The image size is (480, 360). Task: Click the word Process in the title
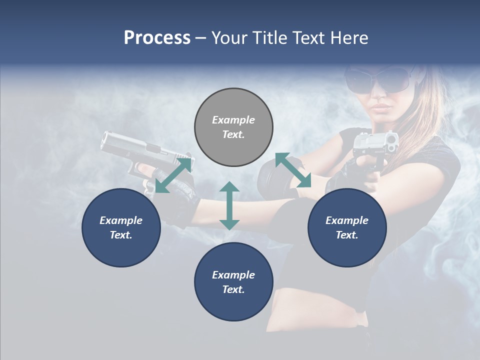(157, 38)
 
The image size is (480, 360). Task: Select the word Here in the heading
(348, 38)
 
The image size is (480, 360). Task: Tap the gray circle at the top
(233, 127)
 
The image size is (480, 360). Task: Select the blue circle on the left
(121, 227)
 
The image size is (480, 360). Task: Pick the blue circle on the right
(347, 227)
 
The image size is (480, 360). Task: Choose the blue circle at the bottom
(233, 282)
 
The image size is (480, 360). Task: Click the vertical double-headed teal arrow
(229, 205)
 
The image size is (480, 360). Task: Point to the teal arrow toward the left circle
(173, 175)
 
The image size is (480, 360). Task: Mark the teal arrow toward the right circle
(293, 170)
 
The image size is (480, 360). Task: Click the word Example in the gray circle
(233, 120)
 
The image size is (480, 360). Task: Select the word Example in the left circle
(121, 220)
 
